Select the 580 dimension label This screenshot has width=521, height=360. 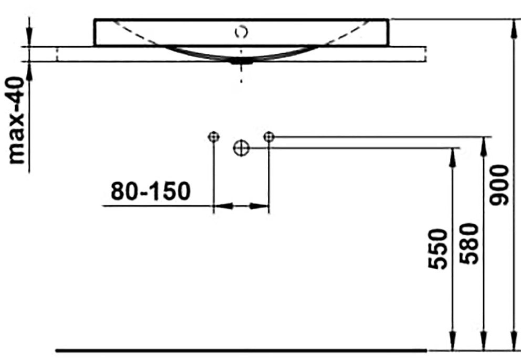pos(469,244)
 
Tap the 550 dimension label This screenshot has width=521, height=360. pos(437,249)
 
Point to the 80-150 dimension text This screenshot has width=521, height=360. pos(151,192)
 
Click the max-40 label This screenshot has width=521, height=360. pos(16,120)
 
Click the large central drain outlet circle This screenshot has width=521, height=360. pos(241,148)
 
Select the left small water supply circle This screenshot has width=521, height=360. pos(213,137)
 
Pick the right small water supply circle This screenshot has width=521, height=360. pos(269,136)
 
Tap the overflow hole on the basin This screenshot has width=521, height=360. pos(241,32)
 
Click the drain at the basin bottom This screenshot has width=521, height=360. pos(242,61)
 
